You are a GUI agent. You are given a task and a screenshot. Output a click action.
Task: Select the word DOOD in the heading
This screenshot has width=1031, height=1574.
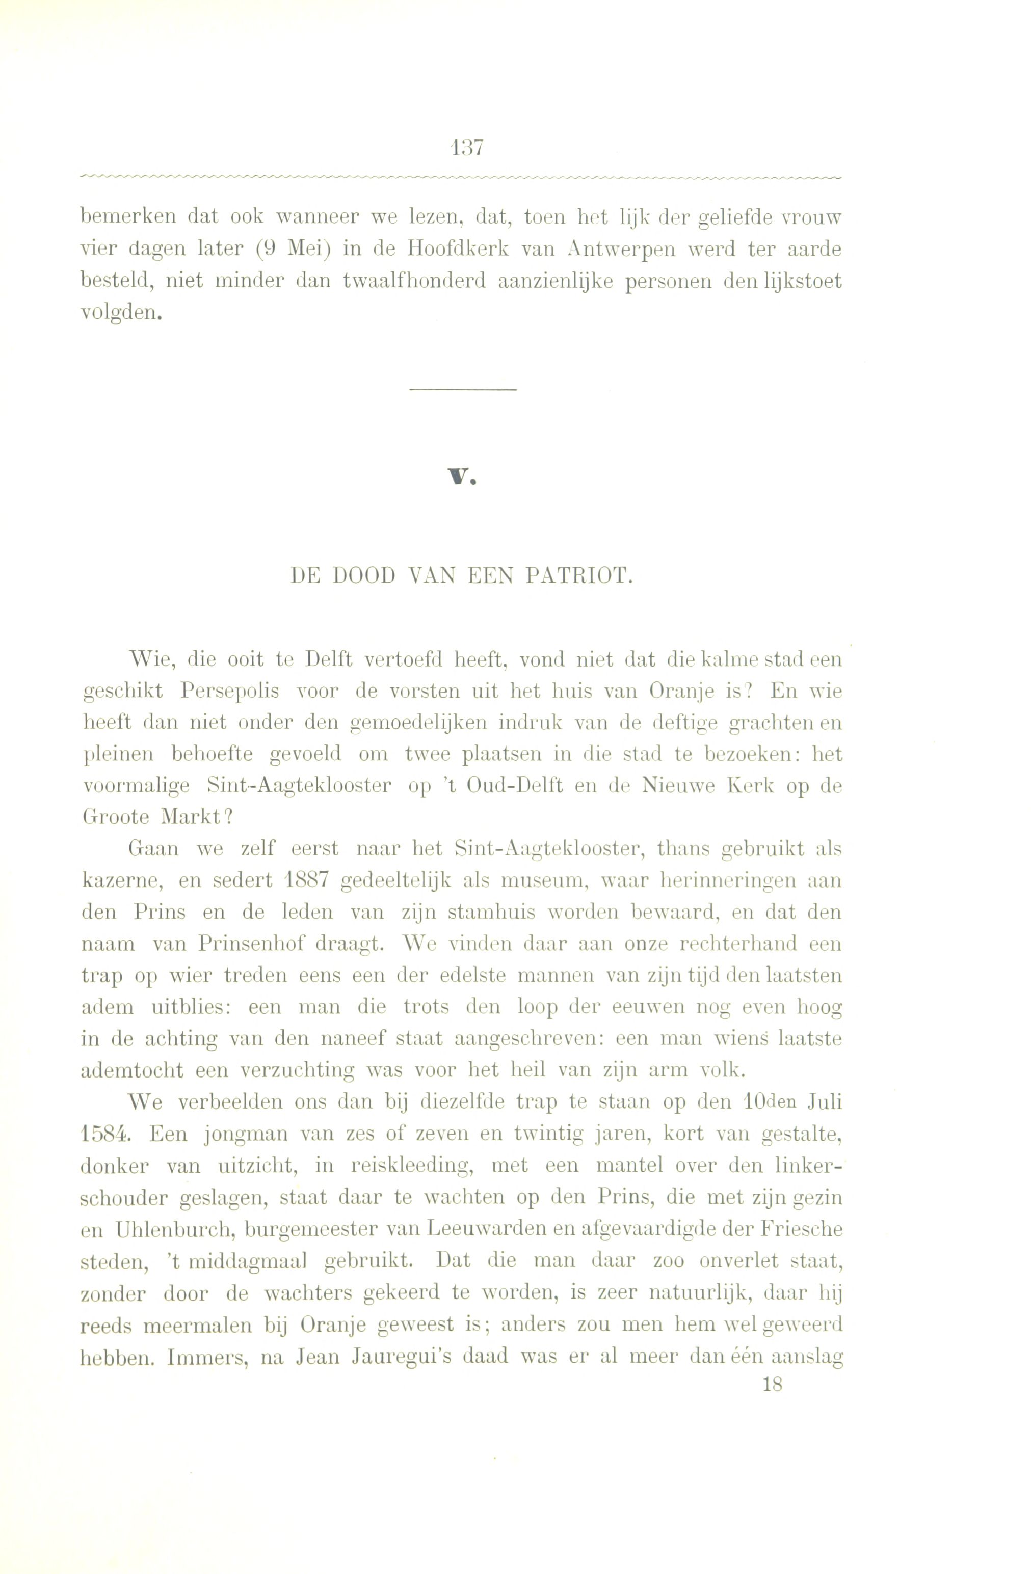coord(363,577)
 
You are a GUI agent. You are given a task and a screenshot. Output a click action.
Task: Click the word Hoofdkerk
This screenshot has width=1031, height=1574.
coord(457,250)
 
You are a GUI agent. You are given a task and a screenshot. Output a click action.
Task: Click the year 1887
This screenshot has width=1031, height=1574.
coord(304,881)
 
